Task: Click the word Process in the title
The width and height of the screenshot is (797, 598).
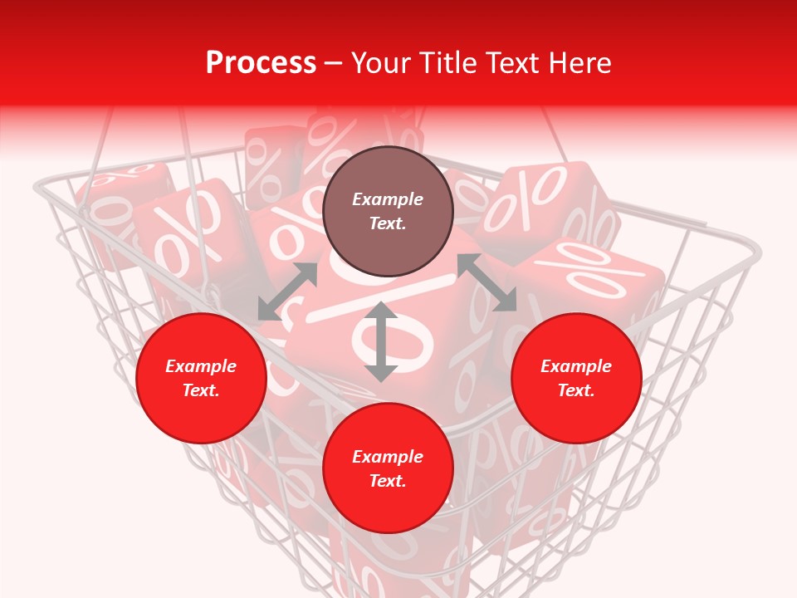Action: click(261, 63)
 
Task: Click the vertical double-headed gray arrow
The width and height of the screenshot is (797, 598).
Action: click(381, 341)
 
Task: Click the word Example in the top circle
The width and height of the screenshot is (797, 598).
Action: click(388, 199)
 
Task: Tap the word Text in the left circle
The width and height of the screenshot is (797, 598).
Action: click(201, 390)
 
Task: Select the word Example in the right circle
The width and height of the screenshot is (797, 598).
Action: click(576, 366)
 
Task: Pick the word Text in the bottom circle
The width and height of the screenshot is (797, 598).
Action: click(388, 481)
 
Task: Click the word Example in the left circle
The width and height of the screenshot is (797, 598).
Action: click(201, 366)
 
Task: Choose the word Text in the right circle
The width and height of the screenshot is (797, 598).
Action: click(576, 390)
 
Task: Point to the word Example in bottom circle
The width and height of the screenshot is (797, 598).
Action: click(388, 457)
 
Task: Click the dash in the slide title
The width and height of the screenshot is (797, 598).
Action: click(334, 64)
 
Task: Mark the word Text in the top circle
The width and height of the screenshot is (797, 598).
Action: click(388, 223)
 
